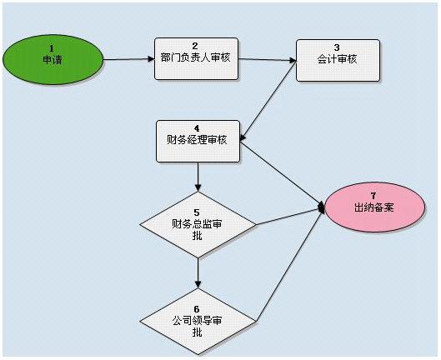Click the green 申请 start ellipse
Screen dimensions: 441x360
(x=53, y=60)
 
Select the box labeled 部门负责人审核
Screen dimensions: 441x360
(x=196, y=59)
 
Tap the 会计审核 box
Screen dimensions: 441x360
(x=338, y=61)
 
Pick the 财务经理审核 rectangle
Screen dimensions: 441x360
(x=198, y=141)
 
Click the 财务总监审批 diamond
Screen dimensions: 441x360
(x=198, y=225)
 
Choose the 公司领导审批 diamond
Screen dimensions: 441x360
(x=198, y=321)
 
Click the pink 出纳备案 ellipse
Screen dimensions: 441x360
(x=374, y=207)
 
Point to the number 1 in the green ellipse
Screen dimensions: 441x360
(x=52, y=48)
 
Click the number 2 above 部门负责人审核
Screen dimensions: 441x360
(x=195, y=46)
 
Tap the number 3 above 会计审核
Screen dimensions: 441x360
(x=337, y=47)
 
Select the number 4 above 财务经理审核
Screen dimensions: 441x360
(x=197, y=128)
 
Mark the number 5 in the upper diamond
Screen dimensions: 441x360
(x=197, y=212)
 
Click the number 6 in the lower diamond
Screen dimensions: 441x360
(x=197, y=309)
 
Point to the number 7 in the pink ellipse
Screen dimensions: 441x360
(x=373, y=196)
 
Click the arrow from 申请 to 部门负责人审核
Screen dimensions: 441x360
(x=128, y=59)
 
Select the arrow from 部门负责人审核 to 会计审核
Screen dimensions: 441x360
(x=268, y=60)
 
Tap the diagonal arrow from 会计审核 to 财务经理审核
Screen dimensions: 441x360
(x=268, y=100)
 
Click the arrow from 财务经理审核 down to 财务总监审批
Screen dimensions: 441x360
(x=198, y=177)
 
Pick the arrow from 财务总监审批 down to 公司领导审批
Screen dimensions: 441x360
(x=198, y=273)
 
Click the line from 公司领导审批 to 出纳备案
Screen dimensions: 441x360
(x=290, y=264)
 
